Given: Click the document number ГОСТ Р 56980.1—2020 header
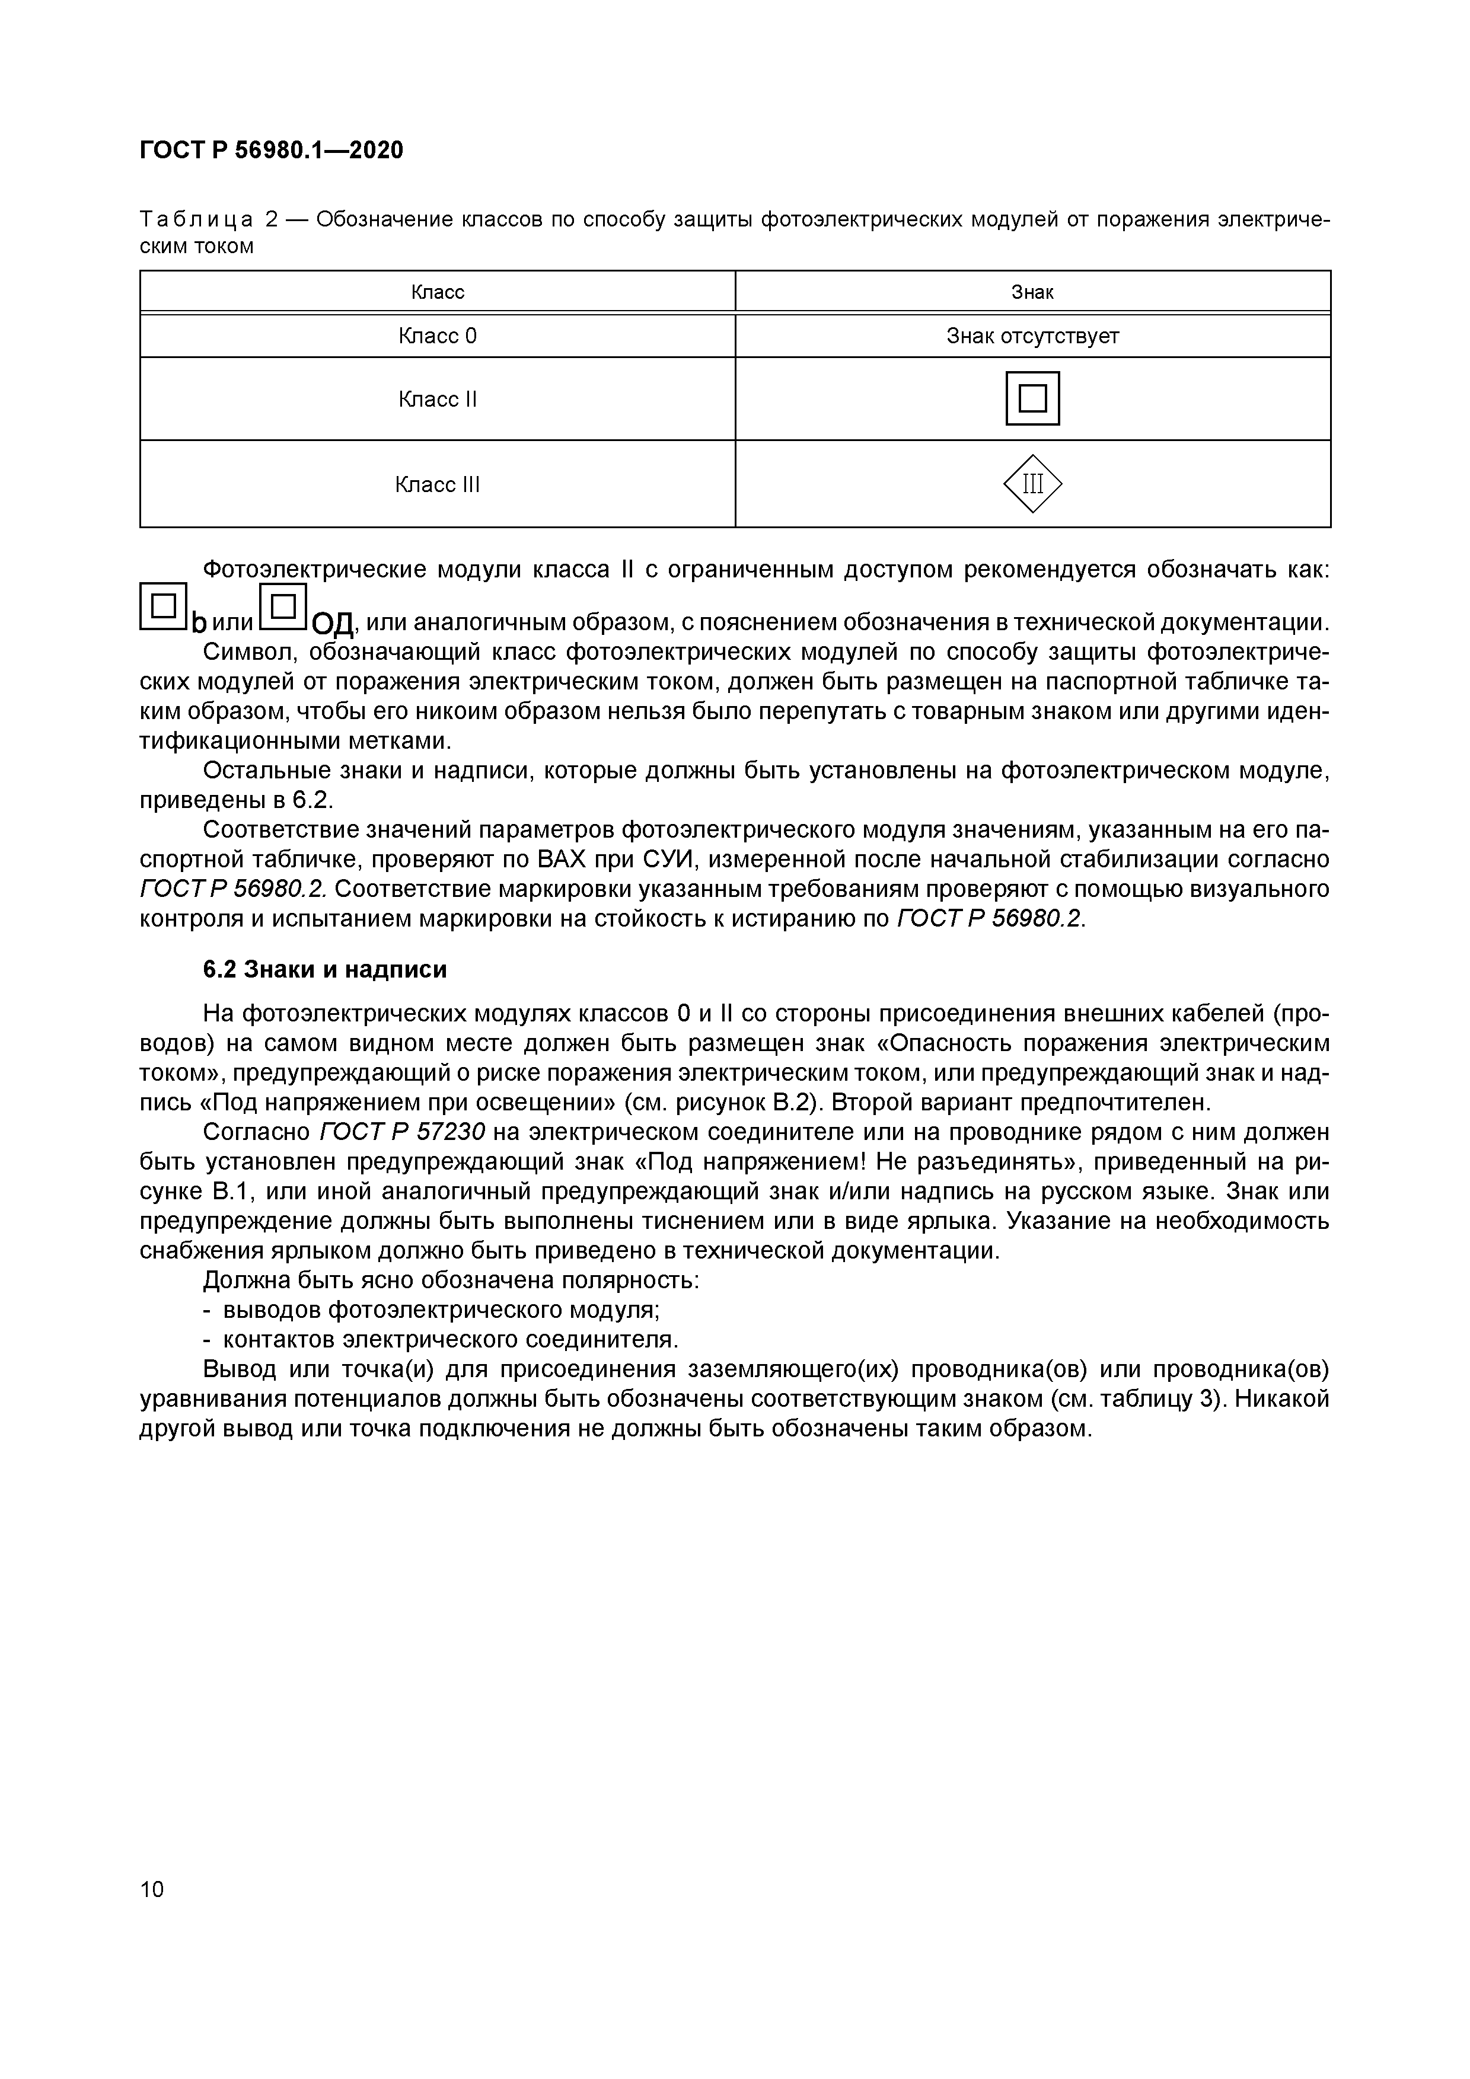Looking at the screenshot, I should [x=271, y=151].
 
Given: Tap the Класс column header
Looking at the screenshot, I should [x=438, y=292].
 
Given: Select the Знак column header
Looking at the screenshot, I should [x=1032, y=292].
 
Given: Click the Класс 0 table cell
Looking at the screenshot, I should [x=438, y=336].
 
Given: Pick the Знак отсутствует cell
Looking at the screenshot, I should [x=1032, y=336].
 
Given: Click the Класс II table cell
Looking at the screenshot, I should [x=438, y=400].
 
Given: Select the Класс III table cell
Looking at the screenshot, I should [x=438, y=484].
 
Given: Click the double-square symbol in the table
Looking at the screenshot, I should [x=1032, y=398].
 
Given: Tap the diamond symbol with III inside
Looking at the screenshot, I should [x=1032, y=484].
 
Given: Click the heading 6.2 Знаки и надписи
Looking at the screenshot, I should [x=324, y=970].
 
